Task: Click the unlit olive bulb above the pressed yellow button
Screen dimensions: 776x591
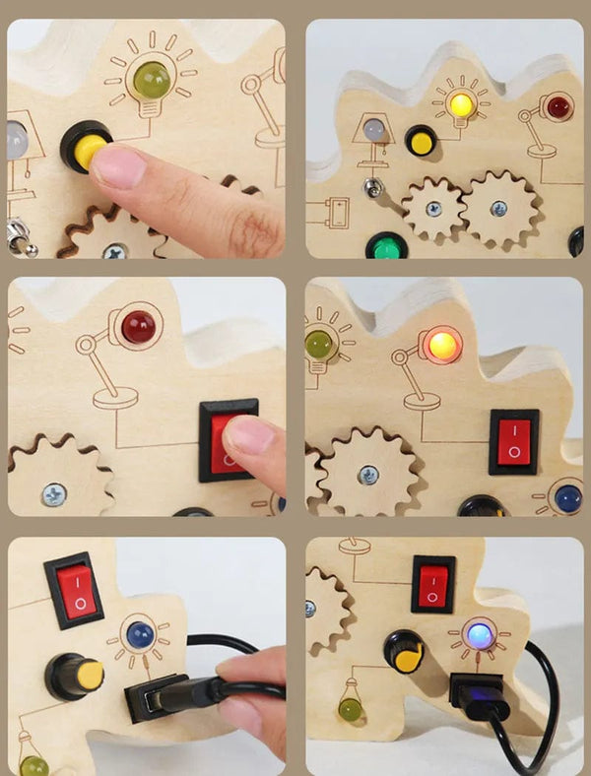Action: point(152,81)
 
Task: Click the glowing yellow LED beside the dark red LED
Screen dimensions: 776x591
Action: point(459,103)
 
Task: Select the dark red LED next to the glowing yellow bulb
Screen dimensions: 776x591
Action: point(558,107)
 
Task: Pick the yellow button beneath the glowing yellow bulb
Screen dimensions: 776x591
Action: point(422,142)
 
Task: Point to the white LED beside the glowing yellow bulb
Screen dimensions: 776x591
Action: point(372,130)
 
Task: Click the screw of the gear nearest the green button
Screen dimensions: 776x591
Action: point(433,209)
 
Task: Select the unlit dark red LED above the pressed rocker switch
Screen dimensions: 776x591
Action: point(138,327)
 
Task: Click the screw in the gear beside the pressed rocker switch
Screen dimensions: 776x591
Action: point(54,494)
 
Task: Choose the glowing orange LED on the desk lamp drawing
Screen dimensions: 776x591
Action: point(442,345)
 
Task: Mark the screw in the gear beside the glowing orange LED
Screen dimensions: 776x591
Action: point(367,474)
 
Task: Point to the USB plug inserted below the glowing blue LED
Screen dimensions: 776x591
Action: point(480,696)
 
